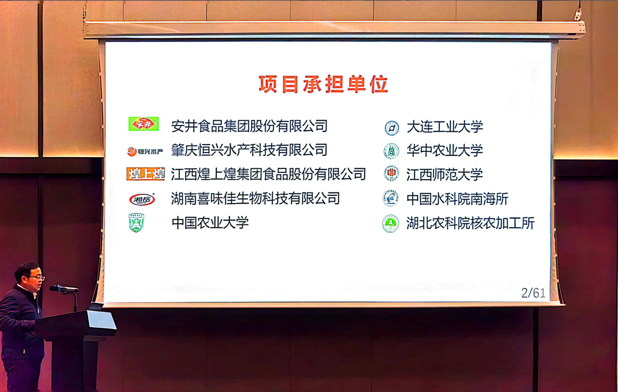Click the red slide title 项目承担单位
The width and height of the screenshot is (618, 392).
323,84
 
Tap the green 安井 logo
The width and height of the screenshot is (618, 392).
143,124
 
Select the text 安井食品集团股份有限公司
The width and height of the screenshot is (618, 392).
249,126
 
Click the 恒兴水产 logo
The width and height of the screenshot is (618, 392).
145,151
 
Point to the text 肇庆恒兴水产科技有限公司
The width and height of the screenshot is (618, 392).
249,150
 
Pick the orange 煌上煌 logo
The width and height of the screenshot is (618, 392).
146,174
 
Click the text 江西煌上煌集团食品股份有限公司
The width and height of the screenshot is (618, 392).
268,174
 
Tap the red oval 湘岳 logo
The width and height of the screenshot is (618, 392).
142,200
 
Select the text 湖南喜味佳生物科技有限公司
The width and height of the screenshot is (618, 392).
255,198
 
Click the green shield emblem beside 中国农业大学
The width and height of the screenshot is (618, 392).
136,223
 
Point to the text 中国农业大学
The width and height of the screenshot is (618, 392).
210,223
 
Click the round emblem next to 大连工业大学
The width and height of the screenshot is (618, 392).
392,128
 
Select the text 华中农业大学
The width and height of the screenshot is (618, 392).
445,151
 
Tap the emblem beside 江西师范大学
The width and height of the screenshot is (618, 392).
391,173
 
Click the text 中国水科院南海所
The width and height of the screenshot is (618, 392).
457,199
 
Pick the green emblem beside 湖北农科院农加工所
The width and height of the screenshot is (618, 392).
391,223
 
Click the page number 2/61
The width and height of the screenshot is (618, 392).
533,293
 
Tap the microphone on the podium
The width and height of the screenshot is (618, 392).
63,288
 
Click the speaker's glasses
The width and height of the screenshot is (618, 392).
36,278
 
